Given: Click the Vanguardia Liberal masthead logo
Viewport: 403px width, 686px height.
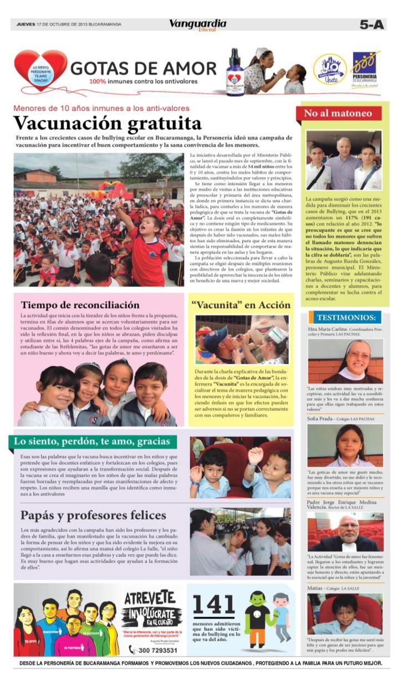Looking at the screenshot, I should pos(197,25).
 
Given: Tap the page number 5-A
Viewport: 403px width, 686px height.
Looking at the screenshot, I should pos(371,24).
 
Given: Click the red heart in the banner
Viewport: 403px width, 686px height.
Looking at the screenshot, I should pos(40,70).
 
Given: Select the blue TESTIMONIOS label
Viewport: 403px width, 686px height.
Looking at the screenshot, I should pos(346,317).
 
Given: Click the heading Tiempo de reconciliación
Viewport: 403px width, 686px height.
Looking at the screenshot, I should pos(80,305).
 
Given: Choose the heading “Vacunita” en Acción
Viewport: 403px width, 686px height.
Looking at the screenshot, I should pos(241,305).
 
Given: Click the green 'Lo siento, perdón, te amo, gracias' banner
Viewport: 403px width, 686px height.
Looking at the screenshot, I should pos(93,441).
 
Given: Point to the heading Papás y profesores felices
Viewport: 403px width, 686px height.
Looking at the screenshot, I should pos(93,515).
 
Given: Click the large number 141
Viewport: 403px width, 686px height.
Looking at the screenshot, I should pos(213,604).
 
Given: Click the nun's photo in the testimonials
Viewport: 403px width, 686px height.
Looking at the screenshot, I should pos(345,361).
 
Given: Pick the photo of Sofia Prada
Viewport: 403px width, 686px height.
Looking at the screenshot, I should pos(345,445).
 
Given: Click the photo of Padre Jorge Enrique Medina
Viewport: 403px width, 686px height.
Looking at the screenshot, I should pos(345,531).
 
